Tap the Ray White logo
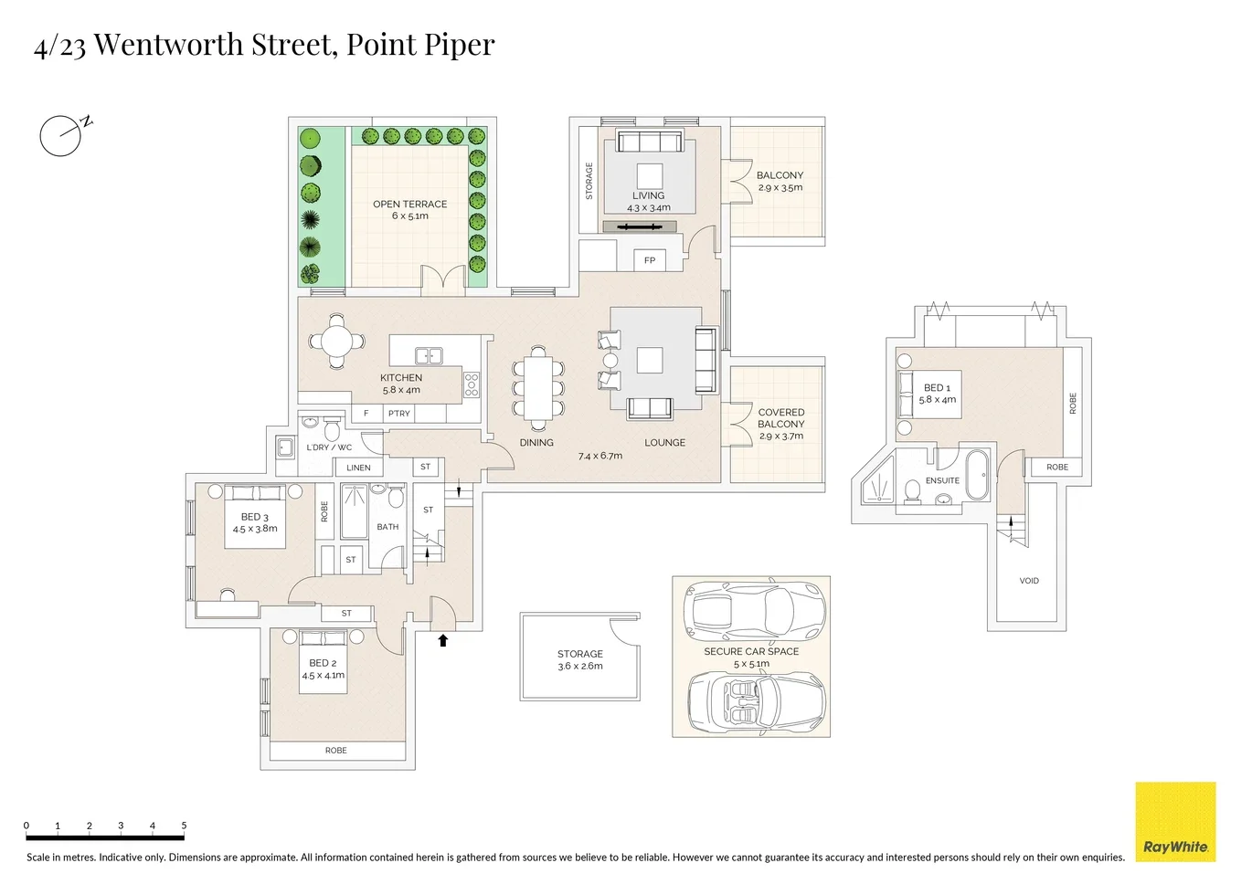click(x=1175, y=822)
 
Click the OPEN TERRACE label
click(x=409, y=205)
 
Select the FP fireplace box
click(x=650, y=260)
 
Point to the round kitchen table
click(x=336, y=342)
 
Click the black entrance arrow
click(x=443, y=640)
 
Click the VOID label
click(x=1029, y=581)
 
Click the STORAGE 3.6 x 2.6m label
click(x=579, y=659)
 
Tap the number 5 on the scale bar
click(x=184, y=826)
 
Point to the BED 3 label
click(x=254, y=517)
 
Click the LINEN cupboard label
click(x=358, y=468)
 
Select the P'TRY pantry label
click(x=399, y=414)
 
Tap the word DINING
click(x=536, y=443)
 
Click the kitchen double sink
click(x=429, y=356)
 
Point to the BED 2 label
click(x=323, y=663)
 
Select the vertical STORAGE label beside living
click(x=589, y=181)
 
